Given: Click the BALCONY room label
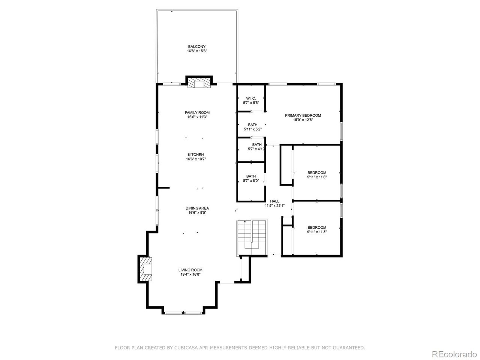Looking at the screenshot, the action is pyautogui.click(x=196, y=46).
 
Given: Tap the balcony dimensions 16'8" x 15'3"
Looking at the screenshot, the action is pyautogui.click(x=197, y=51).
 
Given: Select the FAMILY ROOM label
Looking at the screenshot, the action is pyautogui.click(x=197, y=112).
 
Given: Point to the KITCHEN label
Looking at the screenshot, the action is pyautogui.click(x=196, y=154).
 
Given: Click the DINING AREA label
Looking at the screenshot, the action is pyautogui.click(x=197, y=208).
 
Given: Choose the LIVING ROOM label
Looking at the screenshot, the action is pyautogui.click(x=190, y=270).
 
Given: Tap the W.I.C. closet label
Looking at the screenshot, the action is pyautogui.click(x=251, y=98).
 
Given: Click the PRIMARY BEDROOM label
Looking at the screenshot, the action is pyautogui.click(x=303, y=115).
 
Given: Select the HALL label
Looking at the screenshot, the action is pyautogui.click(x=274, y=201).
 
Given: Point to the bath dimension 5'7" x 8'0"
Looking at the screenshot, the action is pyautogui.click(x=251, y=180).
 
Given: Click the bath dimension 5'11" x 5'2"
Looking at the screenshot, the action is pyautogui.click(x=253, y=129).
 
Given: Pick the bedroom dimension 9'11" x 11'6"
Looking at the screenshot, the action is pyautogui.click(x=316, y=177).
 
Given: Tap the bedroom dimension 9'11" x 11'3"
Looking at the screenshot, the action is pyautogui.click(x=316, y=232).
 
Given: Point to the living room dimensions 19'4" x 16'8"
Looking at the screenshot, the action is pyautogui.click(x=190, y=274).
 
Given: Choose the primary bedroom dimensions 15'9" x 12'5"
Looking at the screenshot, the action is pyautogui.click(x=303, y=120).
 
